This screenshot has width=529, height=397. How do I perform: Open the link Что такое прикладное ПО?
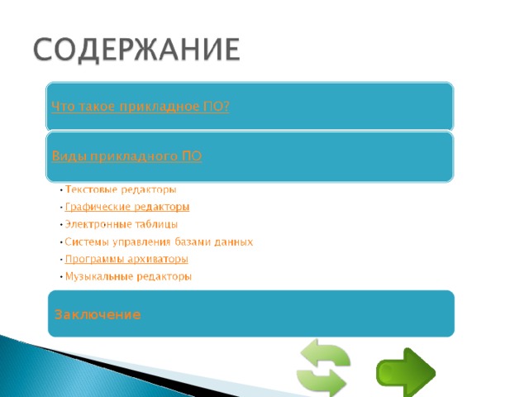click(141, 107)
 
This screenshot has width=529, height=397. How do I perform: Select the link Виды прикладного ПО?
click(126, 155)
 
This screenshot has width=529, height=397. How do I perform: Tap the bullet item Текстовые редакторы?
click(121, 189)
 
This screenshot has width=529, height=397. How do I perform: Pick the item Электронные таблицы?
click(121, 224)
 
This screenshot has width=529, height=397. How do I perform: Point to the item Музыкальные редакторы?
click(128, 276)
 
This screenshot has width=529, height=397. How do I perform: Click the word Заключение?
click(98, 315)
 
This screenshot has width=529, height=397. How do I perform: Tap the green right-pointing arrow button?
click(405, 372)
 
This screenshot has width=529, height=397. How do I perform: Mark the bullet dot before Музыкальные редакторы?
click(61, 277)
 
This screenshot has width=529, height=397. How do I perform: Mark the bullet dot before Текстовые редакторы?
click(61, 190)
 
